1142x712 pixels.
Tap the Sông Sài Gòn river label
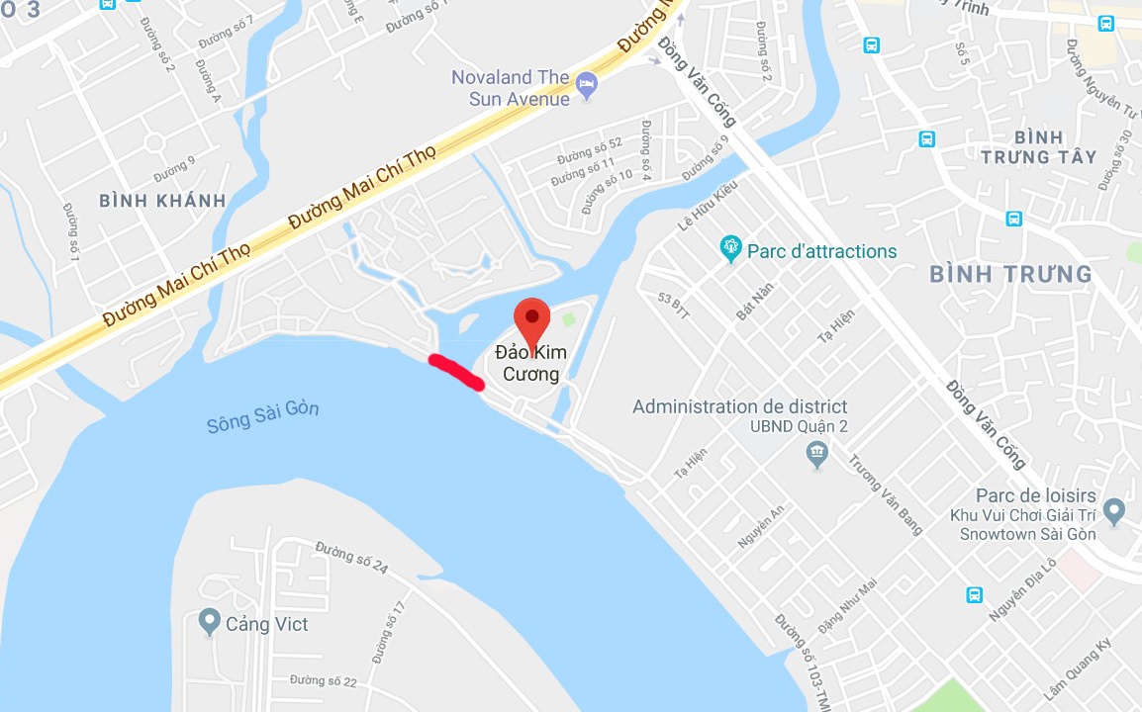click(x=263, y=415)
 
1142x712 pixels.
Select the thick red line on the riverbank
click(x=455, y=372)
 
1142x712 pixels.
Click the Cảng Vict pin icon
click(x=209, y=622)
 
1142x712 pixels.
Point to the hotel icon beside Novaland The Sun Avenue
click(x=587, y=83)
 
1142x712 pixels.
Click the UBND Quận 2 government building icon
click(x=816, y=454)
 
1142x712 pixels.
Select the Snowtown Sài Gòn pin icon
click(x=1114, y=512)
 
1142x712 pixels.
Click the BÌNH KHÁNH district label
click(x=162, y=201)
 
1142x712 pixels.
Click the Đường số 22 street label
click(x=324, y=680)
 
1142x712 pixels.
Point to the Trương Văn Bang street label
click(x=886, y=494)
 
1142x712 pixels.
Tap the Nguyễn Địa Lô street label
click(x=1023, y=591)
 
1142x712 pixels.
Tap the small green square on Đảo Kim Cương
click(x=568, y=318)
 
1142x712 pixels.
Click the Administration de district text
click(x=739, y=406)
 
